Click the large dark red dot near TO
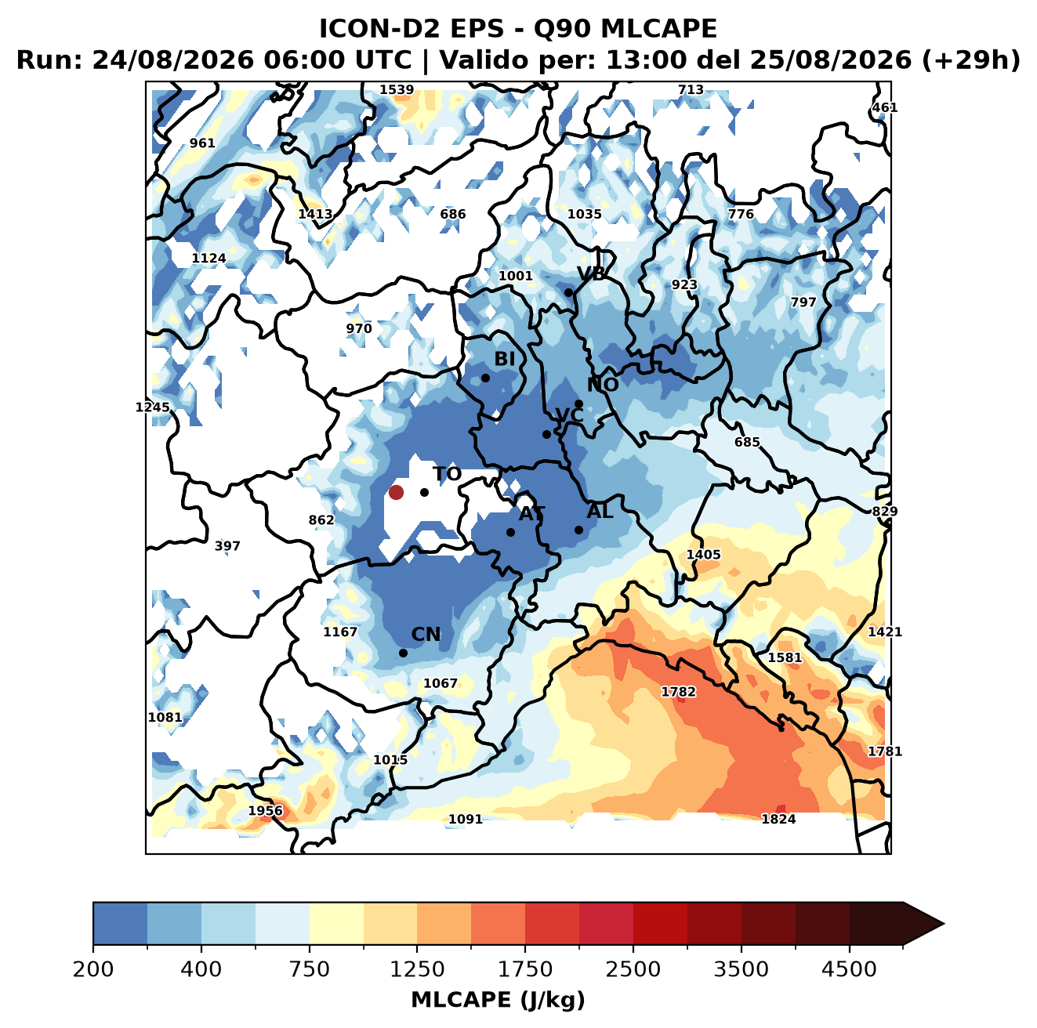pos(396,492)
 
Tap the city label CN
pos(426,635)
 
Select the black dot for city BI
pos(485,378)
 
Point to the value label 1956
pos(265,811)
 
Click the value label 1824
pos(778,819)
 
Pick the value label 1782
pos(678,692)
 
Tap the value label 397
pos(227,546)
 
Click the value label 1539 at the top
pos(397,90)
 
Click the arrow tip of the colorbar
pos(944,925)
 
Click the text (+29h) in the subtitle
pos(970,60)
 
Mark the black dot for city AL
pos(578,530)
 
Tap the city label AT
pos(531,514)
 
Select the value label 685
pos(747,442)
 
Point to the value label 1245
pos(152,407)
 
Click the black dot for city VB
pos(568,292)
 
